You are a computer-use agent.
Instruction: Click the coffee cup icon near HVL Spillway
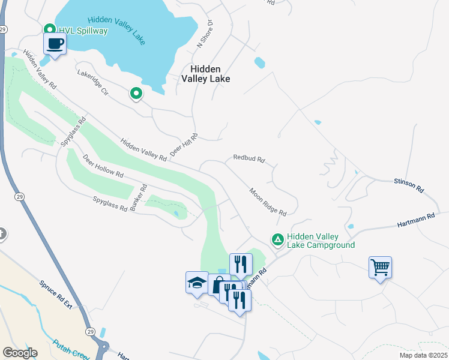(x=55, y=44)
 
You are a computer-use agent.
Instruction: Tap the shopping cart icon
(x=380, y=267)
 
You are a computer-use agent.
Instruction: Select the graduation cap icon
(x=197, y=282)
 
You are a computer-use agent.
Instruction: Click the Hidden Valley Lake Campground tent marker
(x=277, y=239)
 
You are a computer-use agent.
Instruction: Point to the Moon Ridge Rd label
(x=268, y=202)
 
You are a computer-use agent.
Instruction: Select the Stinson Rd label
(x=409, y=185)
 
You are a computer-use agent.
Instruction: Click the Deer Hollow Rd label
(x=103, y=167)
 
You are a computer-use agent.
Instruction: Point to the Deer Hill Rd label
(x=184, y=146)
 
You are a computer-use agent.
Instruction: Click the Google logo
(x=19, y=352)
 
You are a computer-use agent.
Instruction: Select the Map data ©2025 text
(x=423, y=355)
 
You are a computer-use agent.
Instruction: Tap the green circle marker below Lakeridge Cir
(x=136, y=93)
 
